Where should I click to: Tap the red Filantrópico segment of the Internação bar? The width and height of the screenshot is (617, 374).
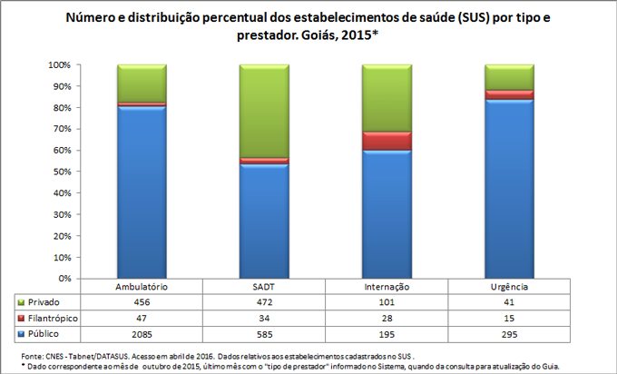(x=387, y=141)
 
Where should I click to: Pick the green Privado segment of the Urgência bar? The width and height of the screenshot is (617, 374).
(x=508, y=77)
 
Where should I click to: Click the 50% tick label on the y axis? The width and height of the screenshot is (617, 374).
(x=60, y=172)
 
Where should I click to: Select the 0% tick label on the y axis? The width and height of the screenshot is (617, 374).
(x=63, y=278)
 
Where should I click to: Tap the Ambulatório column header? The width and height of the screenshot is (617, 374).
(x=142, y=287)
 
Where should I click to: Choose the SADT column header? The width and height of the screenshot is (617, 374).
(x=263, y=287)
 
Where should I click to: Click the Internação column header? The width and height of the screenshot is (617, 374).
(x=387, y=287)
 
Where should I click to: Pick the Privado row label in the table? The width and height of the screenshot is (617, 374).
(x=44, y=301)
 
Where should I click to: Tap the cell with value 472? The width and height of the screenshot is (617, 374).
(x=263, y=301)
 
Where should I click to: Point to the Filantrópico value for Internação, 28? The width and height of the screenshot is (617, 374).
(x=387, y=319)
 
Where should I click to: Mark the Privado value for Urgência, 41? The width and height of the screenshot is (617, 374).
(x=508, y=301)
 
